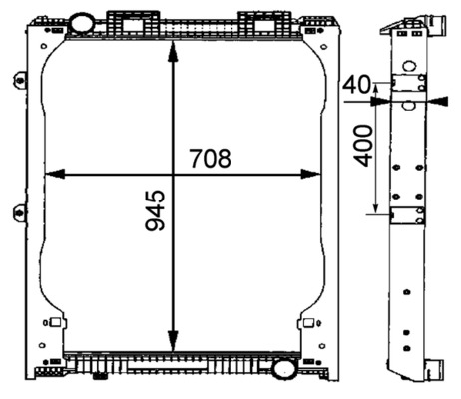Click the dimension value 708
point(210,159)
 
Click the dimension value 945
point(155,210)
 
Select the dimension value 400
point(362,146)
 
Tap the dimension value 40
point(356,84)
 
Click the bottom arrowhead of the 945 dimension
point(173,341)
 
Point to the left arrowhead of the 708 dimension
point(55,174)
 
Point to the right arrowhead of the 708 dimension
point(310,174)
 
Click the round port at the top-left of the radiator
point(82,23)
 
